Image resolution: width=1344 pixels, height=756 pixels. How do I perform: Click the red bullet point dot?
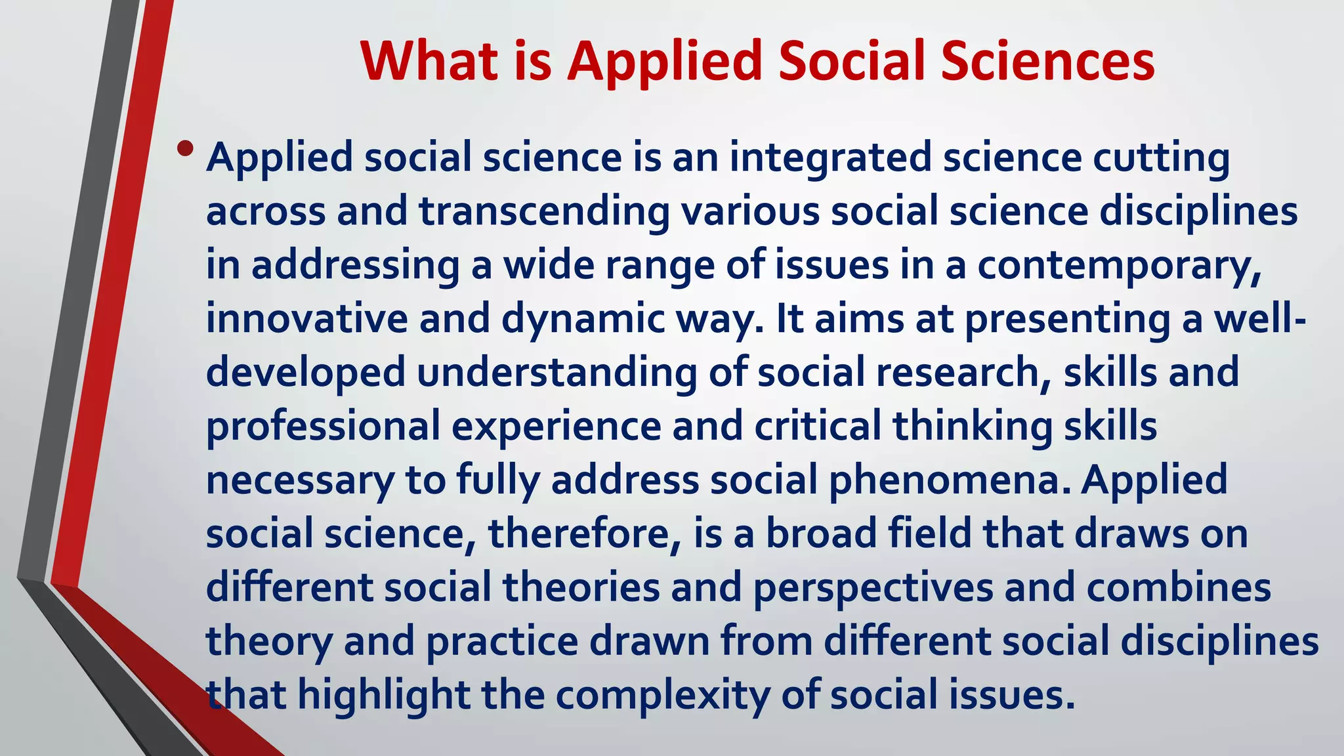(185, 149)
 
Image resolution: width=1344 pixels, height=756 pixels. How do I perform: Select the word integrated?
(831, 159)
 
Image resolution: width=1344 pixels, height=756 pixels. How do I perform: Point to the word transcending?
(544, 213)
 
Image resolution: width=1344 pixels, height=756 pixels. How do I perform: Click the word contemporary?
(1113, 266)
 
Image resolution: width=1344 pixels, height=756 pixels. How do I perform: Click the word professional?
(323, 427)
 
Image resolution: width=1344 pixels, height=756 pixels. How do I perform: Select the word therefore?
(580, 534)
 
